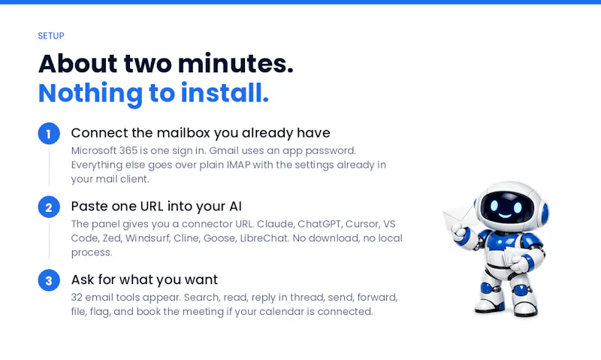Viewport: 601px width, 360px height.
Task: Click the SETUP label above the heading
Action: [x=51, y=35]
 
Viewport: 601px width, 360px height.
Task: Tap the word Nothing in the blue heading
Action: [x=90, y=93]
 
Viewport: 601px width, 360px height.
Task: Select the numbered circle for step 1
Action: [x=49, y=134]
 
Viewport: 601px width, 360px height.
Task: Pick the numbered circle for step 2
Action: [x=49, y=207]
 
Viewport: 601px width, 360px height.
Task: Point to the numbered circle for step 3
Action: [x=49, y=280]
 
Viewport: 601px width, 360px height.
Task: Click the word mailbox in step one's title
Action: [x=183, y=133]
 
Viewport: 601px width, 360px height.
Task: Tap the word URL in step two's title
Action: [x=152, y=206]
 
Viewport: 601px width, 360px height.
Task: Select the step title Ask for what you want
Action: [x=144, y=280]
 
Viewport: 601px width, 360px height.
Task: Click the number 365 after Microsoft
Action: [x=128, y=150]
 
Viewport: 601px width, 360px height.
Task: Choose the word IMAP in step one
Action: [x=238, y=165]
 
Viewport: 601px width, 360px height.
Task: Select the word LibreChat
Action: [x=264, y=238]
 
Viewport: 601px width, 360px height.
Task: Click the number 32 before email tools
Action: [x=77, y=298]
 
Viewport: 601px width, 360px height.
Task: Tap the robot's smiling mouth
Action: [x=505, y=216]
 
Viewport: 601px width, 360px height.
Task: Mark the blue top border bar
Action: [x=300, y=2]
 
